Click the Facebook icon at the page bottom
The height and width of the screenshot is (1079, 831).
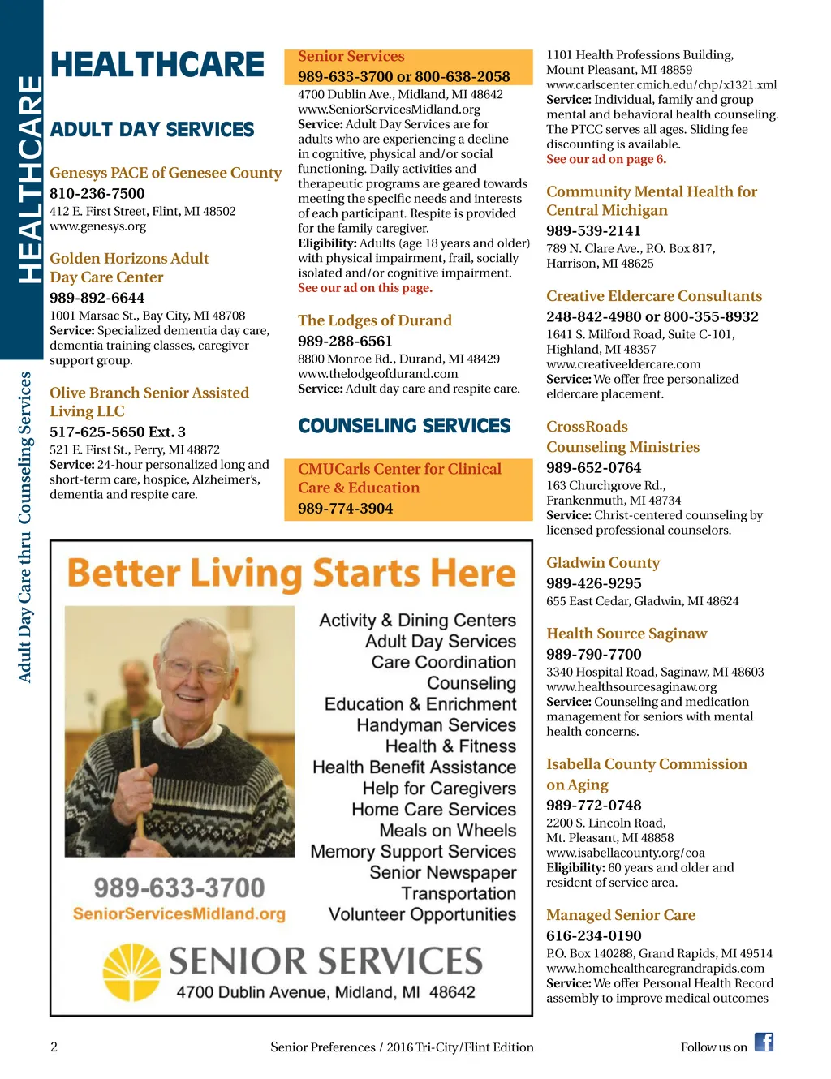(x=764, y=1042)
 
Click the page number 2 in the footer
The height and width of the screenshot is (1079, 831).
(x=54, y=1047)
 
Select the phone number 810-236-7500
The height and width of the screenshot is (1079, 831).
(x=97, y=193)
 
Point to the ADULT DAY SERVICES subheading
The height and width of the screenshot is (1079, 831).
(x=152, y=130)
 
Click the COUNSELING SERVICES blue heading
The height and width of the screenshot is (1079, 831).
(x=404, y=426)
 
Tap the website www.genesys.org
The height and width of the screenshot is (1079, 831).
(x=98, y=226)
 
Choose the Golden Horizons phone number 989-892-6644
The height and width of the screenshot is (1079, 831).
(x=97, y=298)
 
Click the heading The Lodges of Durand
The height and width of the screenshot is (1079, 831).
(x=374, y=320)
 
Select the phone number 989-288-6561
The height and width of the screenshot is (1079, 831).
(x=345, y=342)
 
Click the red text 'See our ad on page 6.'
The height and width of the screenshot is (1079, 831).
(x=605, y=159)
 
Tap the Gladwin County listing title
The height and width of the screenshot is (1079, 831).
(x=602, y=563)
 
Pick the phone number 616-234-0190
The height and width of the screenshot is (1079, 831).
(x=593, y=935)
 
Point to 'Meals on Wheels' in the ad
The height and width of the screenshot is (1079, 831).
(x=447, y=831)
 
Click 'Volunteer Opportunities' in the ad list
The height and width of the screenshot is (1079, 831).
(x=422, y=914)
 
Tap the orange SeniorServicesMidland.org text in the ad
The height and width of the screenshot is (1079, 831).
(x=179, y=913)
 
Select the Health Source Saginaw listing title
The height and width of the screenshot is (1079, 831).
(x=626, y=634)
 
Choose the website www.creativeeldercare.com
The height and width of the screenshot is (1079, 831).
(x=623, y=364)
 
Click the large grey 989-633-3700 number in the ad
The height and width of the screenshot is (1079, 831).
(x=179, y=888)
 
